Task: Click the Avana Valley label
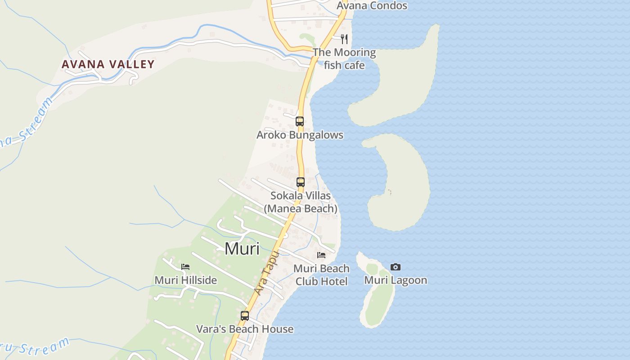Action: pyautogui.click(x=108, y=64)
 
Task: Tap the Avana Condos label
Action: pyautogui.click(x=372, y=6)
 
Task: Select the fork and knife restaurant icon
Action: pyautogui.click(x=344, y=39)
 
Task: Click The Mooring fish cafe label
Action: pyautogui.click(x=344, y=58)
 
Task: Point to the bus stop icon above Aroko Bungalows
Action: pyautogui.click(x=300, y=121)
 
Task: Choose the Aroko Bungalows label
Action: pyautogui.click(x=300, y=135)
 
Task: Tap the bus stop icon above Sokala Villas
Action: pyautogui.click(x=301, y=182)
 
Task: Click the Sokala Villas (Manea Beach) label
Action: pyautogui.click(x=301, y=202)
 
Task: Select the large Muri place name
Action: pyautogui.click(x=242, y=248)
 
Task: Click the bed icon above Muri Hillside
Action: pyautogui.click(x=185, y=267)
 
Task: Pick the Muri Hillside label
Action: pyautogui.click(x=185, y=280)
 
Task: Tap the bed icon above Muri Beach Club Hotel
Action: pyautogui.click(x=321, y=255)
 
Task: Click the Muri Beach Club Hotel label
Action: pyautogui.click(x=321, y=275)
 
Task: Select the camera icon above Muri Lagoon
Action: pyautogui.click(x=396, y=267)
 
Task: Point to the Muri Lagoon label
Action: pyautogui.click(x=396, y=280)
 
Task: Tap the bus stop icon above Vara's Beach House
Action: pyautogui.click(x=245, y=315)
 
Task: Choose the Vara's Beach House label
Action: pyautogui.click(x=245, y=329)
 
